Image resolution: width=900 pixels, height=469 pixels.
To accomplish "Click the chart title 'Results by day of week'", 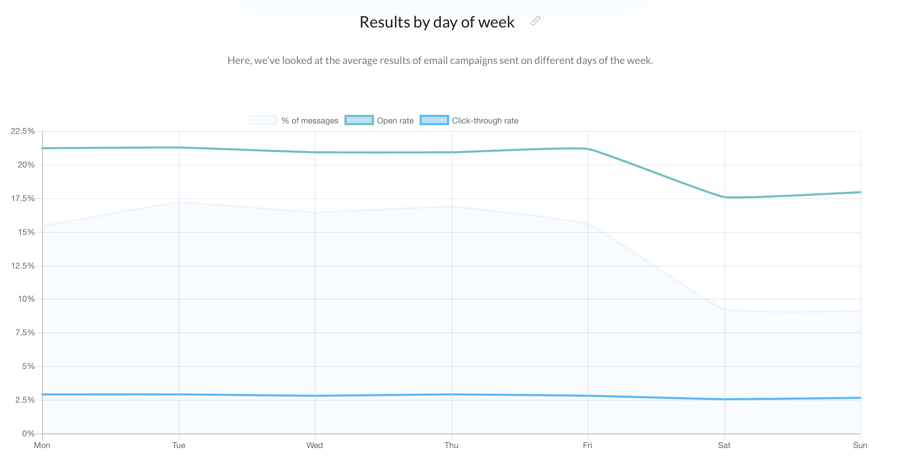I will coord(437,22).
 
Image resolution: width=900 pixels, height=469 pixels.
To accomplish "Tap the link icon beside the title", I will coord(535,21).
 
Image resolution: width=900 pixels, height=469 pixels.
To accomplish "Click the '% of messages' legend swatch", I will coord(263,120).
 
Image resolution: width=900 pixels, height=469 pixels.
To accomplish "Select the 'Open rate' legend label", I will coord(395,121).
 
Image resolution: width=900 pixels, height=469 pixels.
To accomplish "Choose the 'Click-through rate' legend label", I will coord(485,121).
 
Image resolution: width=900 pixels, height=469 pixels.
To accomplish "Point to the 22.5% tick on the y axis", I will coord(23,131).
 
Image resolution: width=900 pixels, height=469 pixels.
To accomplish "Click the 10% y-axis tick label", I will coord(26,299).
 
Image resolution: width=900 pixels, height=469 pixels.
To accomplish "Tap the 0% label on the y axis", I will coord(28,434).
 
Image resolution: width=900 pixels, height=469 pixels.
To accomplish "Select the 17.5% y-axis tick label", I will coord(23,199).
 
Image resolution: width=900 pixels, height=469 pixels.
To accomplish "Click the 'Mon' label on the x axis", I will coord(42,445).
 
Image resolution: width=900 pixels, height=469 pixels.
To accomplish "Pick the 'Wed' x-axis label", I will coord(315,445).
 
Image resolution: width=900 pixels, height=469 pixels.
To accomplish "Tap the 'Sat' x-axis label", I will coord(724,445).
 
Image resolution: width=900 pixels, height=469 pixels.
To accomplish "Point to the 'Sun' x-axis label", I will coord(860,445).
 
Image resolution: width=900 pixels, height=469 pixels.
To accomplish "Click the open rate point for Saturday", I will coord(724,197).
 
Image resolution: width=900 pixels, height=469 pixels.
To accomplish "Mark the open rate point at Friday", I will coord(588,149).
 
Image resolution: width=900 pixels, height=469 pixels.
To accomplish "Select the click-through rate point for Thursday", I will coord(452,394).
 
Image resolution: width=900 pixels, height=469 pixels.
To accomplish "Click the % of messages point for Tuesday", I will coord(179,203).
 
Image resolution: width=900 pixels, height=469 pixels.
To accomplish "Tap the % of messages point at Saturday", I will coord(724,310).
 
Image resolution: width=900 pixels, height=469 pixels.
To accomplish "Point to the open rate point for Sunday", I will coord(860,192).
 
